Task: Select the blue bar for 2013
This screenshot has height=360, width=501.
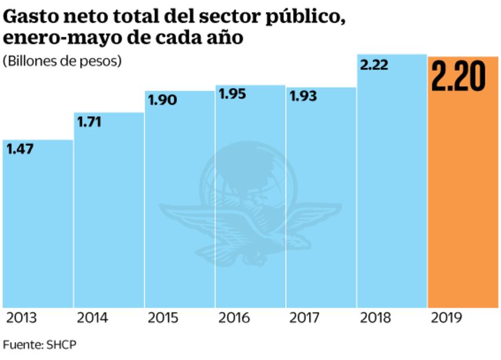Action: click(38, 232)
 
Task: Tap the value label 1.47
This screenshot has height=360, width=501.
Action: click(20, 149)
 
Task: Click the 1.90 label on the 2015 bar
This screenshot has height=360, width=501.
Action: click(162, 100)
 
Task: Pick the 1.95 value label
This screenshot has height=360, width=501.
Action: click(232, 94)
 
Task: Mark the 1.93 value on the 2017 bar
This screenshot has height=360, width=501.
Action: click(303, 96)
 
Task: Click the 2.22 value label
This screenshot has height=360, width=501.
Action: click(374, 64)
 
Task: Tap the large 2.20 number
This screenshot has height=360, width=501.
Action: click(458, 77)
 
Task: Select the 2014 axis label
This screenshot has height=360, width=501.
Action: click(93, 318)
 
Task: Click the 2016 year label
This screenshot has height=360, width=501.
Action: click(235, 318)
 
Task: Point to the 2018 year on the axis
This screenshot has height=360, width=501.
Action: click(375, 318)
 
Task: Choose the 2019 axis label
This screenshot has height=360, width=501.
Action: click(446, 318)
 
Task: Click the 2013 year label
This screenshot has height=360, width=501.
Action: click(22, 318)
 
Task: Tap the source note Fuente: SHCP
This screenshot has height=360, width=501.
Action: click(40, 344)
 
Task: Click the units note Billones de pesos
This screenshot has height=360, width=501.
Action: click(62, 61)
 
